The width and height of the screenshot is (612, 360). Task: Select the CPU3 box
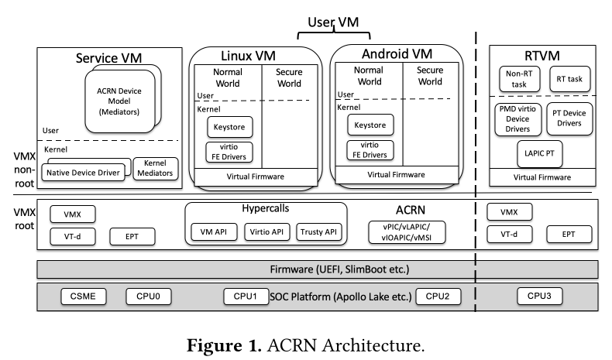(x=538, y=296)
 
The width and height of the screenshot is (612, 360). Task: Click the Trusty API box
(x=318, y=231)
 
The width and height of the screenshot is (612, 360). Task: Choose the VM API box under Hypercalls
(x=213, y=231)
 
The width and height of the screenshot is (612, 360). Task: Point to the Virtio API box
(x=266, y=231)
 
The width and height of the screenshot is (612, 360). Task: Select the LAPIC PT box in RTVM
(x=538, y=153)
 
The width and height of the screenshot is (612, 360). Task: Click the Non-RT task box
(x=517, y=78)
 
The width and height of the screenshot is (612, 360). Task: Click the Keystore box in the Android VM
(x=370, y=124)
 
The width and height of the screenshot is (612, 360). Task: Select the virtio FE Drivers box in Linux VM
(x=229, y=151)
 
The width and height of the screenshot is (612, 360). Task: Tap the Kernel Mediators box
(x=156, y=167)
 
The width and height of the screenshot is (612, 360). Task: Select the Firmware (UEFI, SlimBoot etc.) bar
(x=318, y=268)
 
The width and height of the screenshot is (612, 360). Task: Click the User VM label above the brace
(x=334, y=23)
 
